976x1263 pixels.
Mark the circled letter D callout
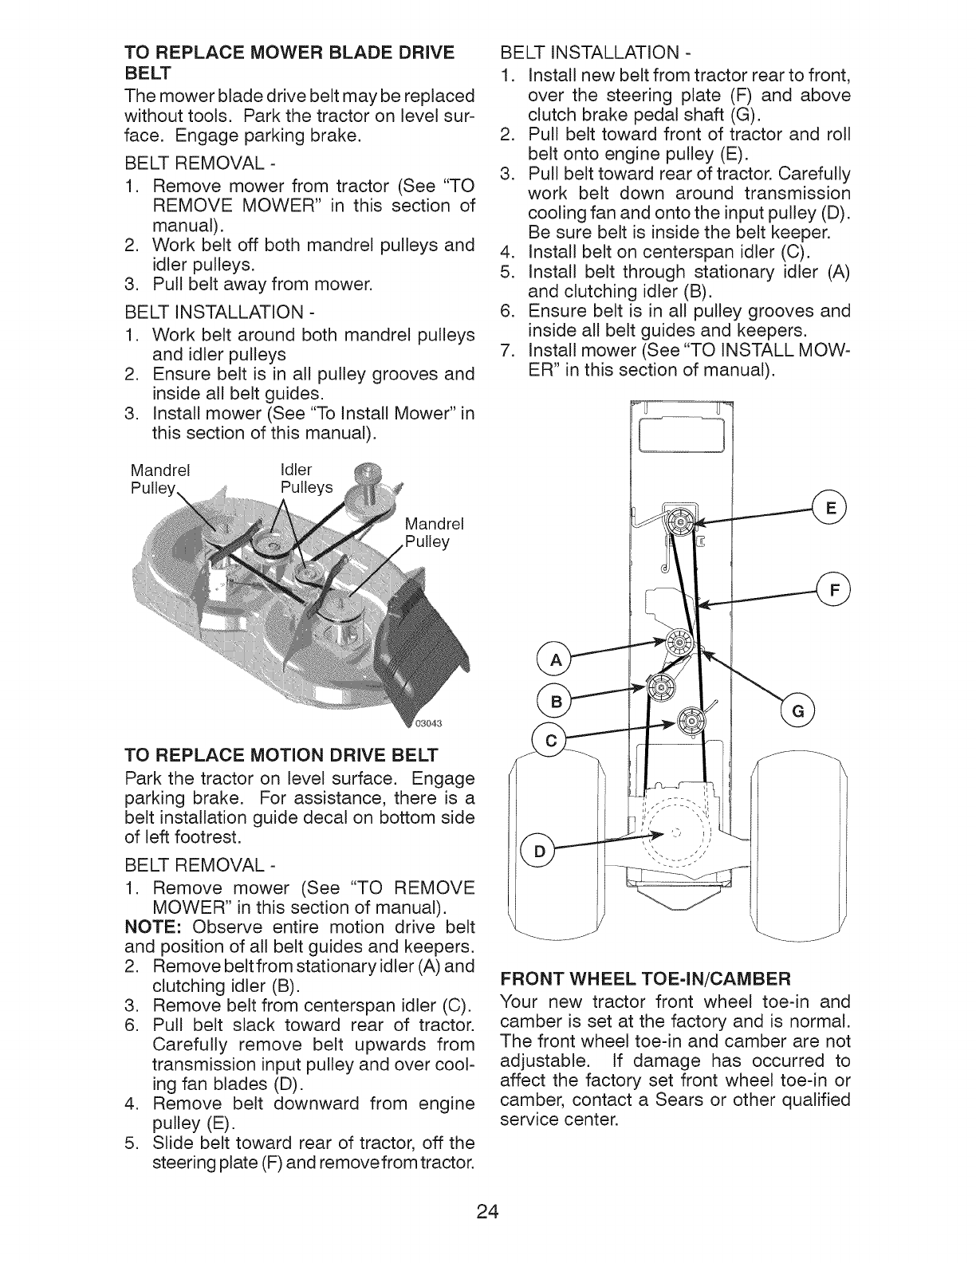click(x=537, y=850)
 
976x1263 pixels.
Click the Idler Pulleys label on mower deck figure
click(x=305, y=478)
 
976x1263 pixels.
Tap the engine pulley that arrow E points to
click(x=679, y=523)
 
